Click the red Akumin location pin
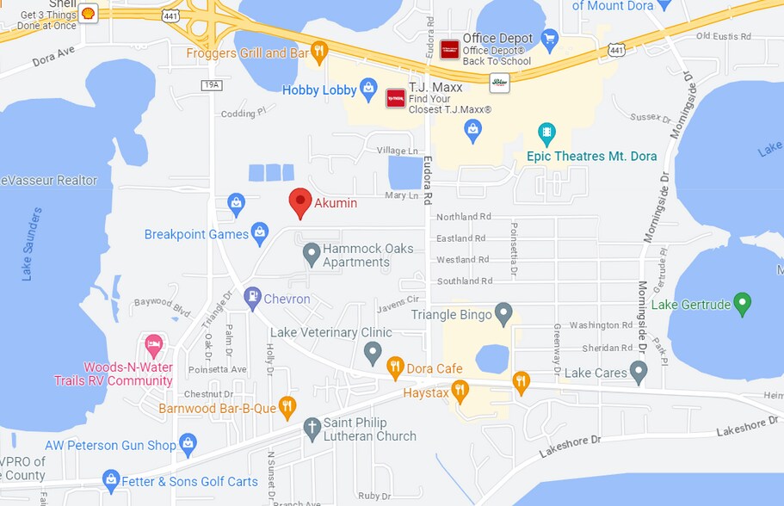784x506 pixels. pyautogui.click(x=299, y=202)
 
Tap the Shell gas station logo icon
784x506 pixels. pyautogui.click(x=88, y=13)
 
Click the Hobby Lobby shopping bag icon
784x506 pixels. pyautogui.click(x=368, y=88)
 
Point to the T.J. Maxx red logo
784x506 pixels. pyautogui.click(x=395, y=98)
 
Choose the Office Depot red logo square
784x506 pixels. pyautogui.click(x=449, y=49)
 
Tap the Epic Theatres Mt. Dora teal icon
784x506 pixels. pyautogui.click(x=546, y=133)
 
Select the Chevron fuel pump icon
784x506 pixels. pyautogui.click(x=252, y=298)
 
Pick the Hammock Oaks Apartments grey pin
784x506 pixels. pyautogui.click(x=312, y=254)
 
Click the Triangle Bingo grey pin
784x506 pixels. pyautogui.click(x=504, y=313)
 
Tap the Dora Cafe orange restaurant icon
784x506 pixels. pyautogui.click(x=395, y=367)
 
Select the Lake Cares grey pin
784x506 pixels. pyautogui.click(x=638, y=372)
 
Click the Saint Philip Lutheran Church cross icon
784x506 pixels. pyautogui.click(x=312, y=428)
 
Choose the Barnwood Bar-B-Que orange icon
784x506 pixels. pyautogui.click(x=287, y=406)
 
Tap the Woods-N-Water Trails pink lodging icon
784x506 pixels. pyautogui.click(x=154, y=346)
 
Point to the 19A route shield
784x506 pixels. pyautogui.click(x=213, y=84)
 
